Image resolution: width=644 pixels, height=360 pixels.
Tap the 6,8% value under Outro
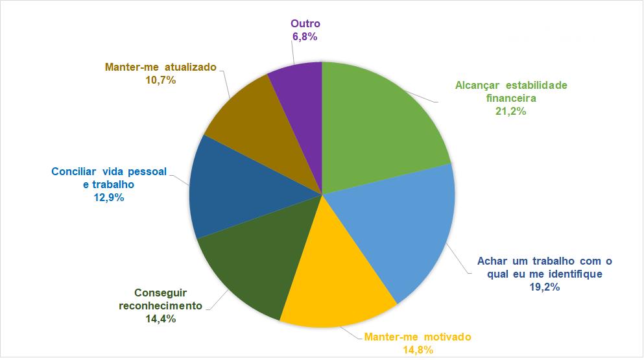[x=305, y=37]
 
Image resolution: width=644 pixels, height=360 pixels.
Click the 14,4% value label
[x=160, y=318]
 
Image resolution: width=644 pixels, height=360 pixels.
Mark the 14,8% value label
[x=418, y=350]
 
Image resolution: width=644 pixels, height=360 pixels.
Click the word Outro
[x=305, y=25]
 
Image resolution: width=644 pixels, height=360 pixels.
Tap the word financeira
[x=510, y=98]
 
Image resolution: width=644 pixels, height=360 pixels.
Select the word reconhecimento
[x=160, y=306]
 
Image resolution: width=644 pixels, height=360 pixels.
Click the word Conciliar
[x=72, y=172]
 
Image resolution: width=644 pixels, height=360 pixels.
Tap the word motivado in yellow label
[x=447, y=337]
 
